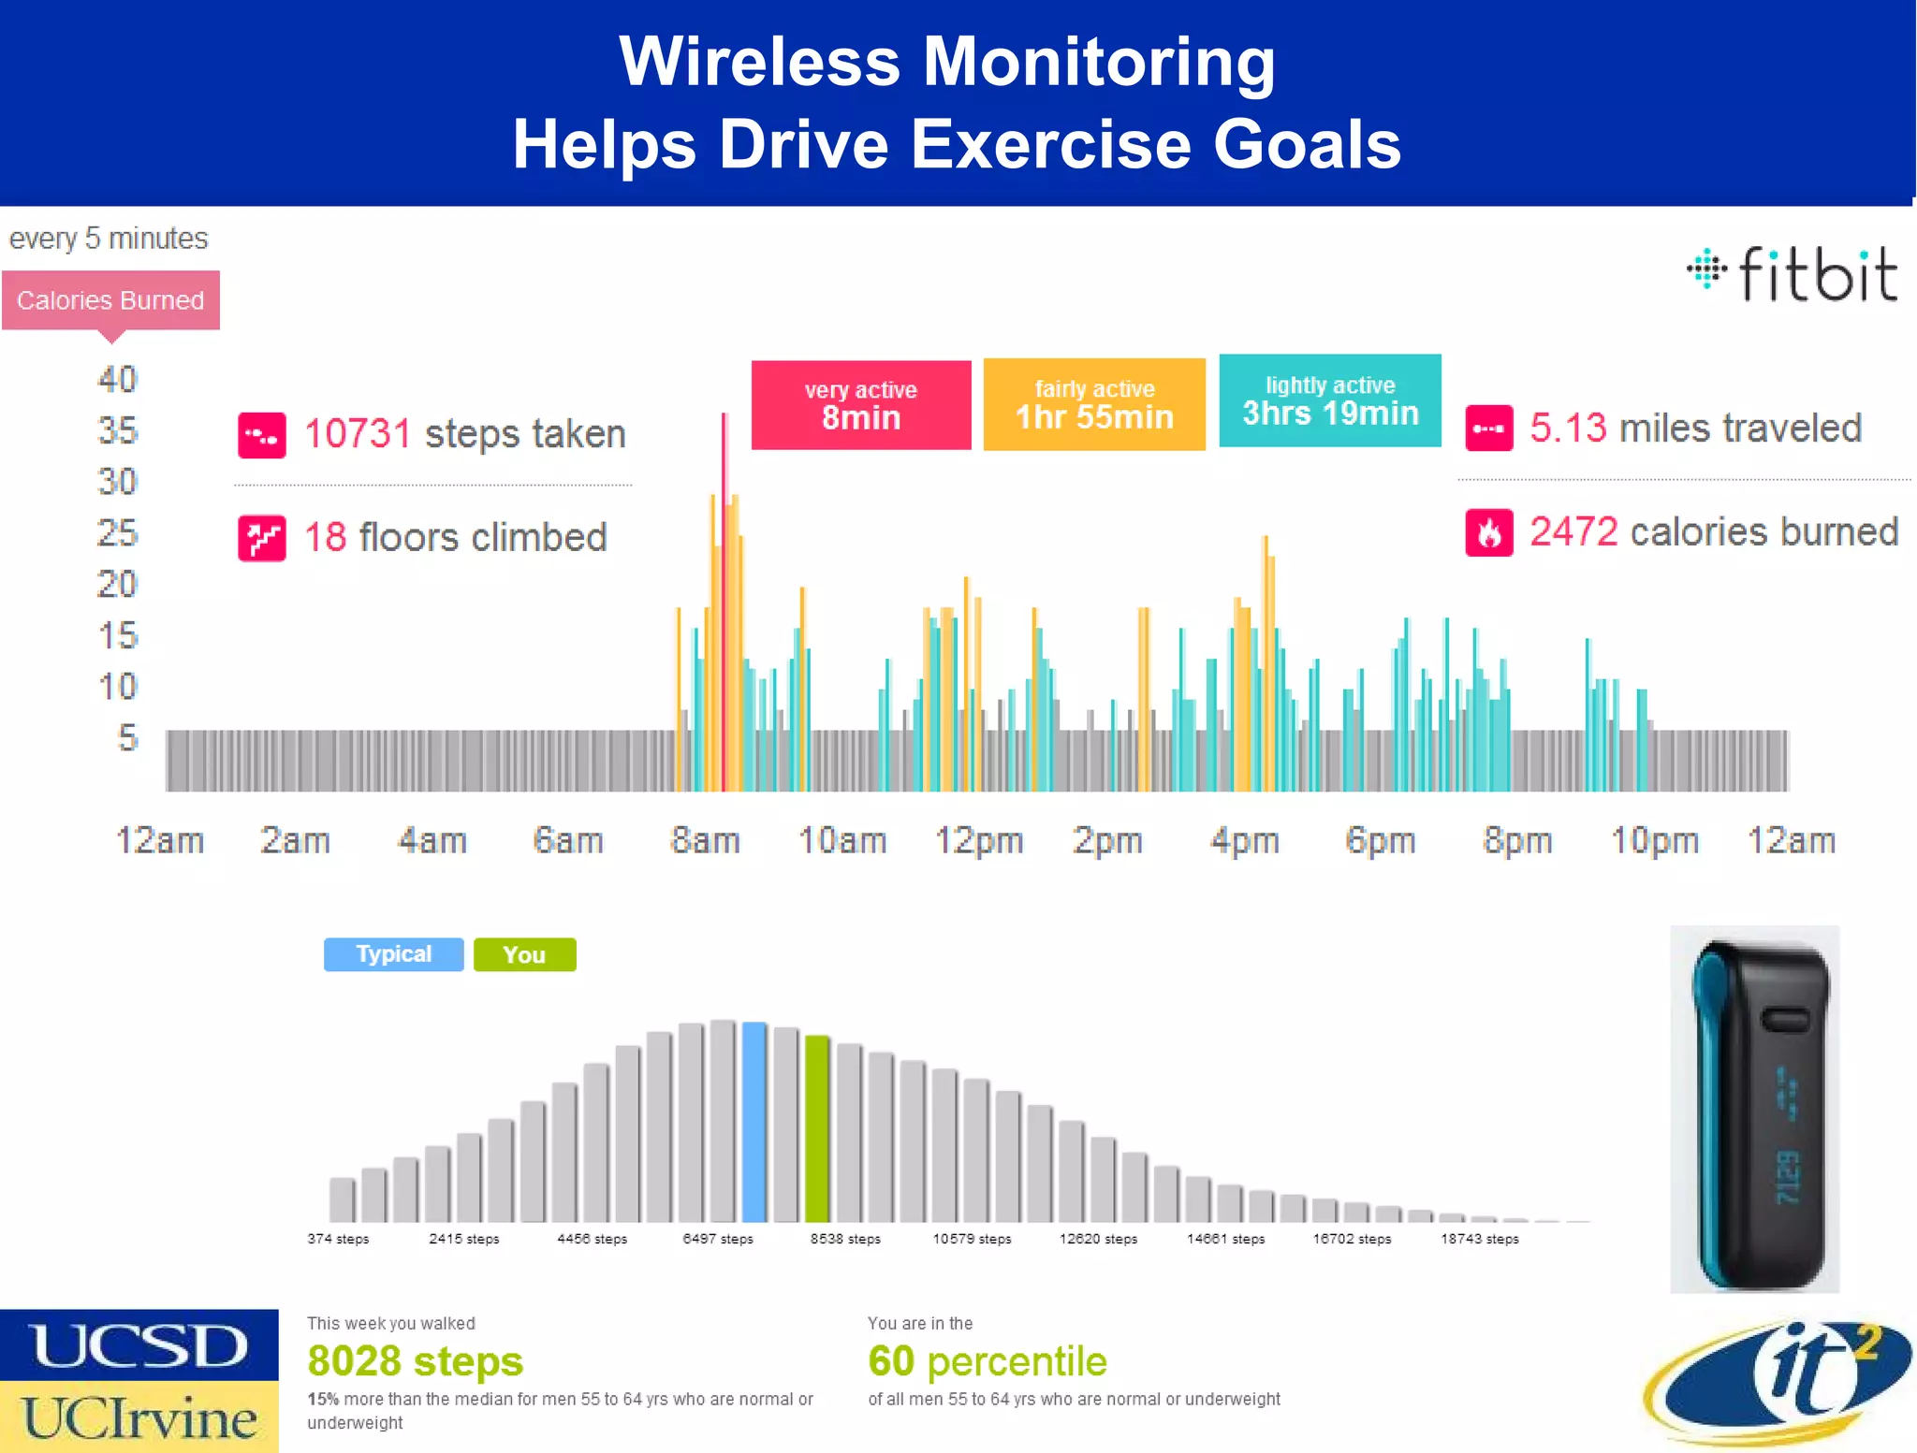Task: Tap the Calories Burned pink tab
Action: tap(110, 300)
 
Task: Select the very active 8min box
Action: tap(860, 405)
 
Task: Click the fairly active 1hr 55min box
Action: tap(1093, 405)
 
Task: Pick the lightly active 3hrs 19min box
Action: tap(1329, 401)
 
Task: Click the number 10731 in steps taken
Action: tap(358, 434)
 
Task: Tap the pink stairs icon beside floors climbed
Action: tap(262, 538)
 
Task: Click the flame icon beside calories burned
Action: tap(1488, 532)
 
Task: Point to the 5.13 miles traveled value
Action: tap(1568, 429)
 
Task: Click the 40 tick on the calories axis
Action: tap(118, 380)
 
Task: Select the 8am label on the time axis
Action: tap(705, 840)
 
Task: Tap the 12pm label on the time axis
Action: tap(978, 840)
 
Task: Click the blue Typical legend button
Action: tap(393, 954)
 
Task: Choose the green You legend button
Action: tap(524, 954)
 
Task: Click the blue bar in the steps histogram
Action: tap(754, 1123)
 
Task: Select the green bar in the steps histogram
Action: tap(817, 1129)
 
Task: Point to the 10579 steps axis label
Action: tap(972, 1239)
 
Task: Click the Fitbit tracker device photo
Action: tap(1754, 1109)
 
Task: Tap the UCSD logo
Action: tap(139, 1345)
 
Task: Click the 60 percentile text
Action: tap(987, 1361)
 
